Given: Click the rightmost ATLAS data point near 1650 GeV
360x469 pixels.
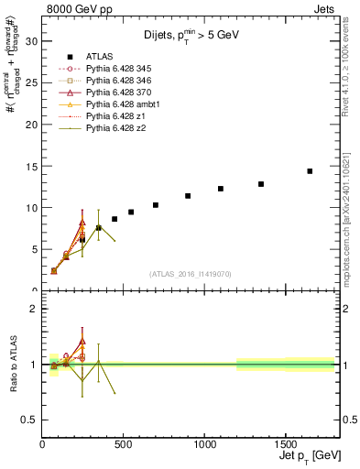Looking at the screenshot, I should click(310, 171).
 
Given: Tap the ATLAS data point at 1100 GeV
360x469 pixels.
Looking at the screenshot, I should click(221, 189).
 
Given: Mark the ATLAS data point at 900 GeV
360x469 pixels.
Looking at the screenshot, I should click(188, 196).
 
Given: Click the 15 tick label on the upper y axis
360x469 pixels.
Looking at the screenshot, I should click(32, 166).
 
